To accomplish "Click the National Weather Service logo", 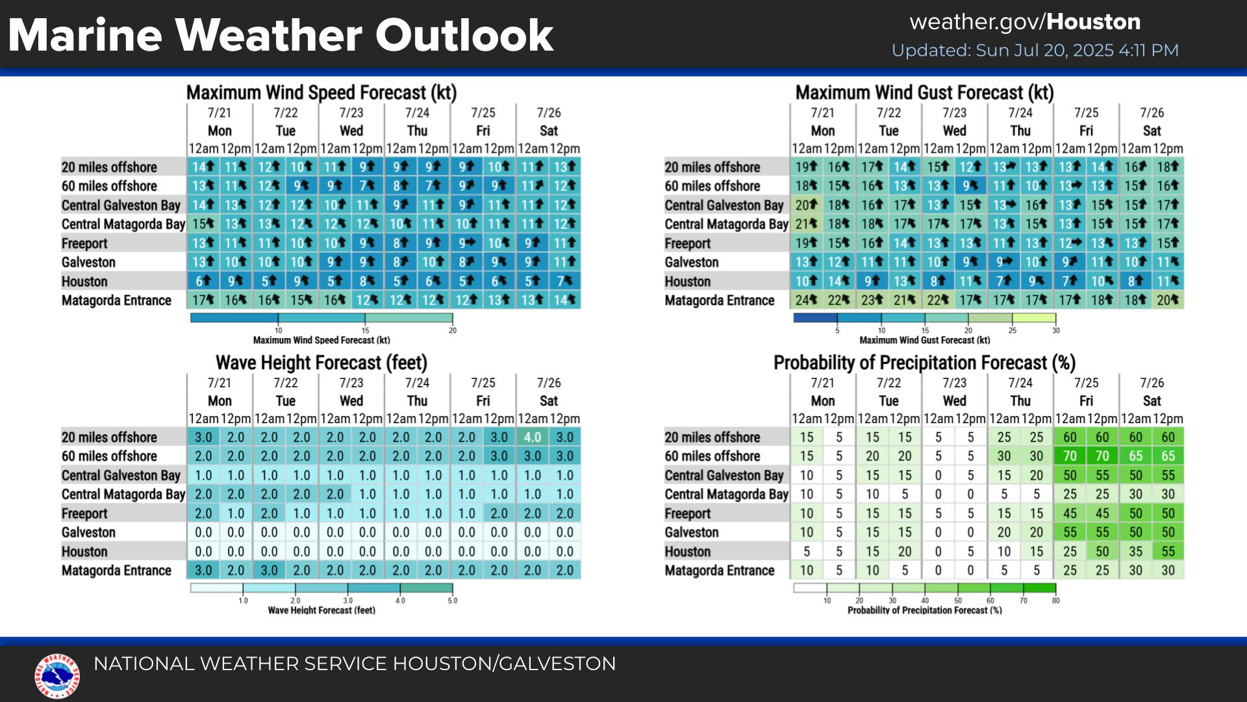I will [x=57, y=676].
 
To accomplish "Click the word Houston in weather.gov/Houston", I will [x=1093, y=22].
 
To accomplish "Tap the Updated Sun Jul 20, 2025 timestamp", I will [x=1035, y=51].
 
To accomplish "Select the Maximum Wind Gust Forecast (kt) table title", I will [x=924, y=93].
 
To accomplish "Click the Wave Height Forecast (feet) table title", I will [x=321, y=363].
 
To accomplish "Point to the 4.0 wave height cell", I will [x=533, y=437].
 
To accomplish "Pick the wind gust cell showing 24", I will [x=807, y=300].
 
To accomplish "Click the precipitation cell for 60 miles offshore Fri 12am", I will [x=1070, y=456].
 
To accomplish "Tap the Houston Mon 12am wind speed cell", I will [x=203, y=281].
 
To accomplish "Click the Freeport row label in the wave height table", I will [x=84, y=513].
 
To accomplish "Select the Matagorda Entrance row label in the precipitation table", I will [x=720, y=571].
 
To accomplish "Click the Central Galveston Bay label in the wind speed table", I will [x=121, y=205].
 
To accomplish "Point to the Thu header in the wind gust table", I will [x=1020, y=131].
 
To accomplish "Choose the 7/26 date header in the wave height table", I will [x=549, y=383].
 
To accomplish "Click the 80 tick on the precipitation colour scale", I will [x=1055, y=600].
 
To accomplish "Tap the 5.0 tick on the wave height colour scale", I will [x=452, y=600].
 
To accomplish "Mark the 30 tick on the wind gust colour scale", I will [x=1055, y=330].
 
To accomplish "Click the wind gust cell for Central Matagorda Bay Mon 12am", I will [x=807, y=224].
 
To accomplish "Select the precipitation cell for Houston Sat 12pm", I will [x=1168, y=552].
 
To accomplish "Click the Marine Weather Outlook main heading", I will [x=281, y=35].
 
